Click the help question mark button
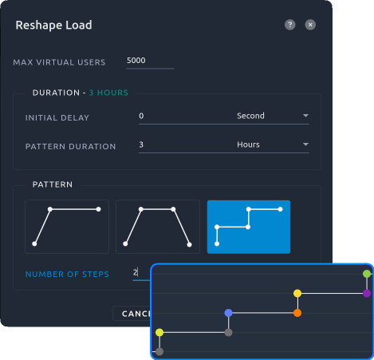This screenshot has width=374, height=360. (290, 25)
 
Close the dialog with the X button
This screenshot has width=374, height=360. (310, 25)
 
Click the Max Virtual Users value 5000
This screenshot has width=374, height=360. (136, 61)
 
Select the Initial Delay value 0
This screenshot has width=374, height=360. (141, 116)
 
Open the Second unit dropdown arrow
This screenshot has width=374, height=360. (305, 116)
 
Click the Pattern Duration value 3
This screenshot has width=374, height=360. (141, 144)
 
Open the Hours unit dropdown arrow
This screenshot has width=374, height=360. (305, 144)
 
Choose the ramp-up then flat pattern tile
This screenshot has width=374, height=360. (67, 227)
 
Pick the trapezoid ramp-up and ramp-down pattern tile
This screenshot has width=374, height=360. (158, 227)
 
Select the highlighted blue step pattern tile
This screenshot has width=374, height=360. (249, 227)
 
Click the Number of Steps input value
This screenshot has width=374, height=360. (136, 272)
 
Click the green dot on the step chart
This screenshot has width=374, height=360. (367, 274)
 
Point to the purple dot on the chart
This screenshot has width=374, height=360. (367, 293)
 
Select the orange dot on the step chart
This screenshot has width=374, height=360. (297, 313)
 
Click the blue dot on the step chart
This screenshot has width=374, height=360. (228, 313)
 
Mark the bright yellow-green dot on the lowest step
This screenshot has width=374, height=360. (159, 332)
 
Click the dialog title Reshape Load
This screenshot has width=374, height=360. (53, 25)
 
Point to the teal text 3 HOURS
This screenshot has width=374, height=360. (108, 93)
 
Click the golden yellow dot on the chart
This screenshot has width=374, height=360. (297, 293)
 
